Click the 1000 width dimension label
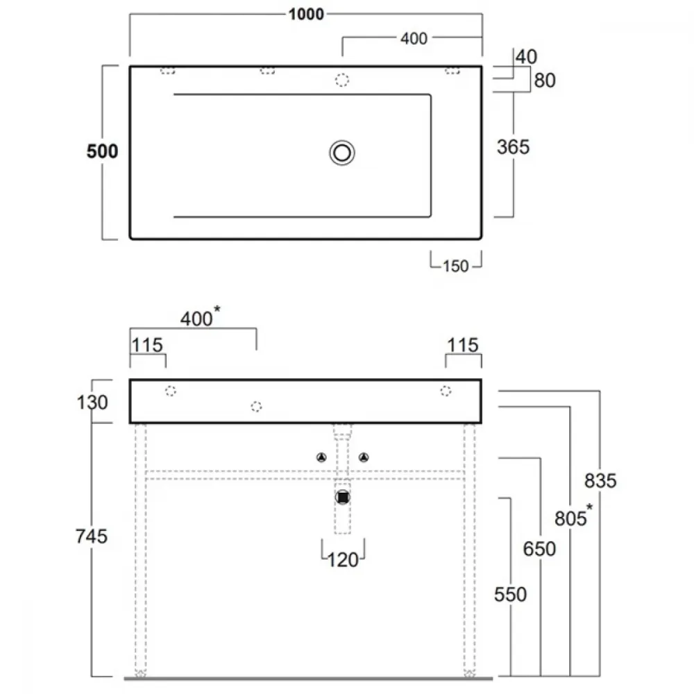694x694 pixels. click(x=306, y=14)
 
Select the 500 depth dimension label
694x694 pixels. click(x=102, y=151)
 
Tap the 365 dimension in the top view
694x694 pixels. click(x=513, y=147)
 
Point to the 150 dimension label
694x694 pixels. click(x=455, y=266)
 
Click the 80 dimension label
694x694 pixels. click(x=545, y=81)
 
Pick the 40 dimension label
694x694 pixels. click(x=526, y=57)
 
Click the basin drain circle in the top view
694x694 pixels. click(x=342, y=153)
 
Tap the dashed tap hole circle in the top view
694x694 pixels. click(x=341, y=80)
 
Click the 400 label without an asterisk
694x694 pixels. click(x=414, y=38)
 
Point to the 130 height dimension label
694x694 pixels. click(x=92, y=403)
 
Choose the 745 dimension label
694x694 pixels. click(x=92, y=536)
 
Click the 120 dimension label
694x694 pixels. click(x=343, y=560)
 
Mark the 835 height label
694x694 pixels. click(x=600, y=481)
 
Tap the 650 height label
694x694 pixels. click(x=539, y=549)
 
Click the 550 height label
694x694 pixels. click(x=510, y=595)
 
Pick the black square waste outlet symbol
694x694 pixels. click(x=343, y=498)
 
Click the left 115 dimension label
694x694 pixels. click(x=147, y=345)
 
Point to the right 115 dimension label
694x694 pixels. click(x=463, y=345)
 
